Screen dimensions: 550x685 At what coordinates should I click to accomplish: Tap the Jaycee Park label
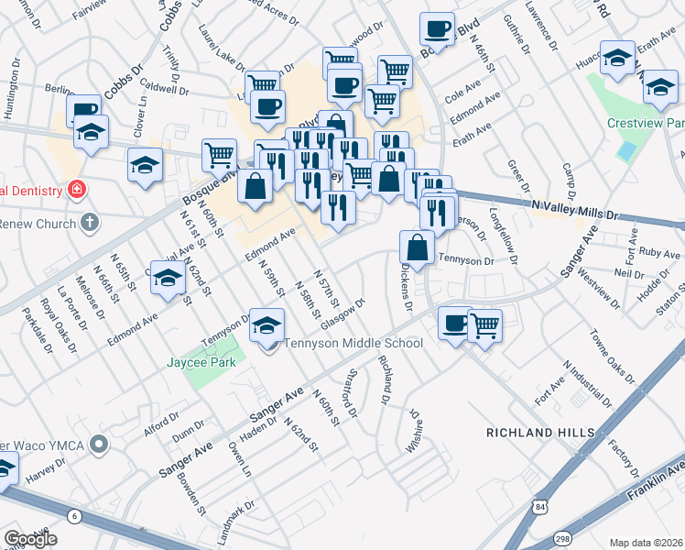pos(201,362)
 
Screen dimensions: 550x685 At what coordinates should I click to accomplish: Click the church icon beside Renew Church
pos(89,222)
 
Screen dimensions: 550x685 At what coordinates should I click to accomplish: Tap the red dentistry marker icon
pos(76,191)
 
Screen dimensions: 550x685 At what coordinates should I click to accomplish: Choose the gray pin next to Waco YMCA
pos(100,445)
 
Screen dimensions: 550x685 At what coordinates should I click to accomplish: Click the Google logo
pos(30,538)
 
